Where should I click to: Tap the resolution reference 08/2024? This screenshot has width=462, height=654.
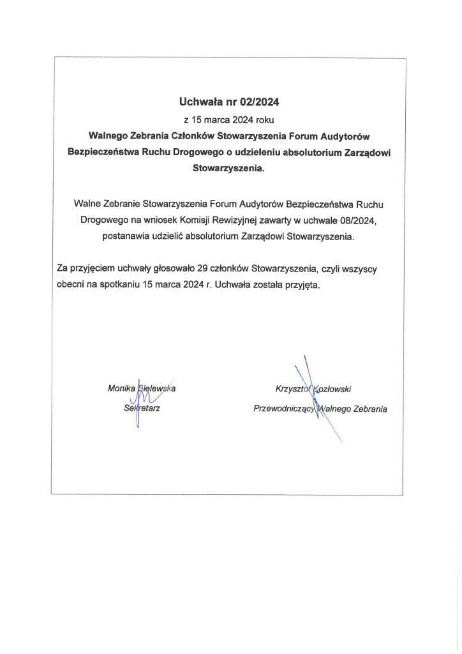360,220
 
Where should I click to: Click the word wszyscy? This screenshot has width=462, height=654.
367,269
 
